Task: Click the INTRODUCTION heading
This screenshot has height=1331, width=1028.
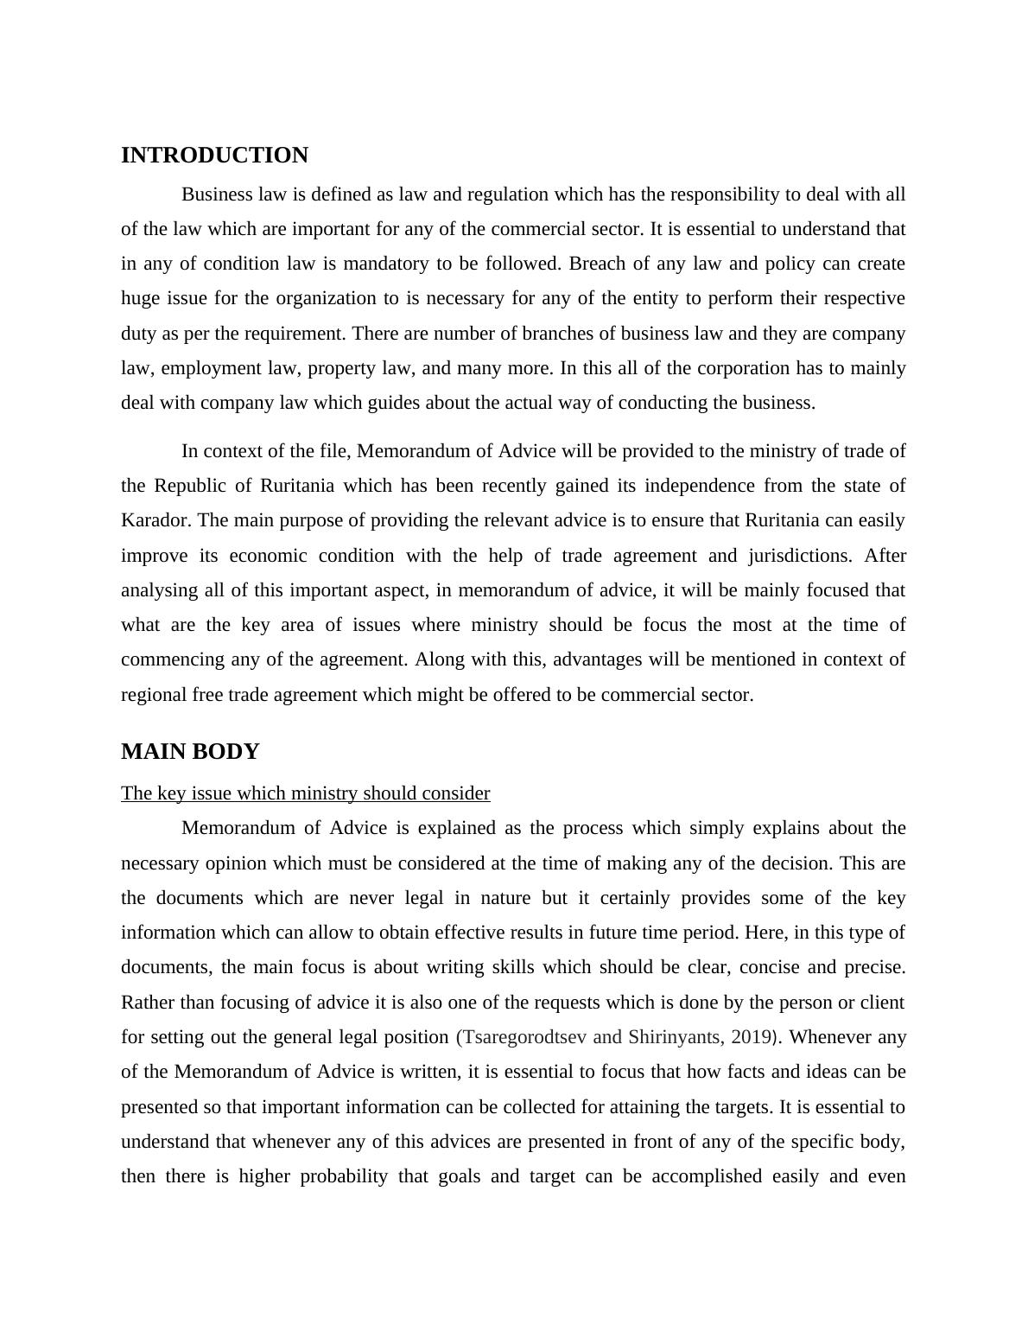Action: [x=214, y=156]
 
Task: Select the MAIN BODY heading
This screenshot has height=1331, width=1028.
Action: [x=190, y=752]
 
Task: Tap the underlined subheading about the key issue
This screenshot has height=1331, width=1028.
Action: [x=305, y=793]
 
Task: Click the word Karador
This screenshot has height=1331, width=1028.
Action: [x=155, y=520]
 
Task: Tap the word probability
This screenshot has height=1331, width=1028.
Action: [x=344, y=1176]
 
